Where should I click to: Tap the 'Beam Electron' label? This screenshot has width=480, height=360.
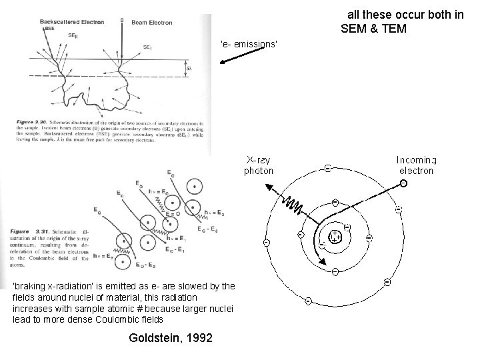click(x=152, y=23)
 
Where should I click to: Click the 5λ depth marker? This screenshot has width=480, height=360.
click(x=188, y=67)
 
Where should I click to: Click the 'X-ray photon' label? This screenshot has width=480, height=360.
click(x=259, y=165)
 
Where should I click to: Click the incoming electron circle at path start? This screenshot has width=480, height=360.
click(x=403, y=183)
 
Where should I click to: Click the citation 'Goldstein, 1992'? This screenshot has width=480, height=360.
click(x=169, y=339)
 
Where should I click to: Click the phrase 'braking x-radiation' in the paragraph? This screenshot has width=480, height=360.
click(x=48, y=286)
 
